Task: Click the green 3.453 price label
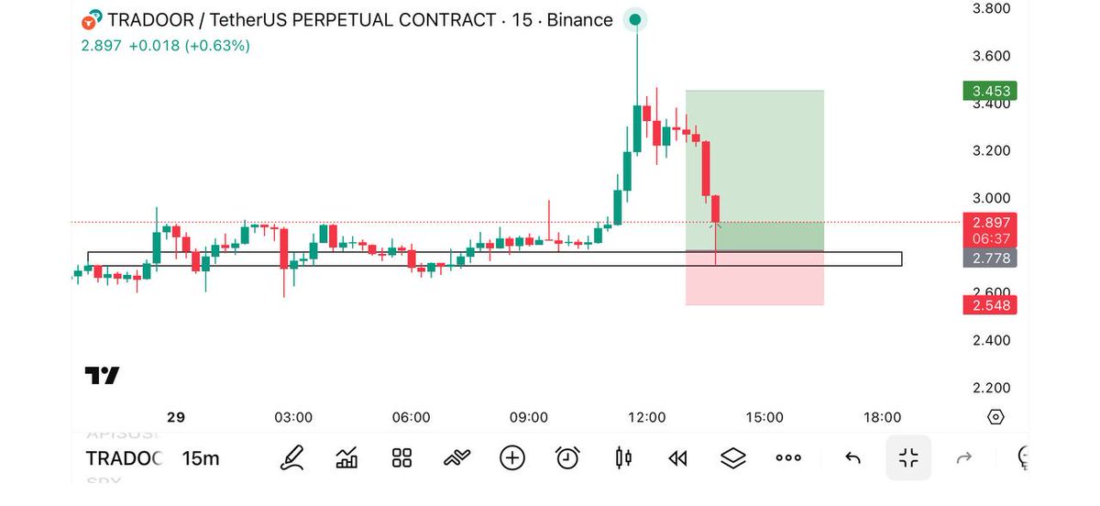(990, 91)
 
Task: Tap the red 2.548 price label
(990, 304)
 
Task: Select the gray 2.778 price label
(990, 258)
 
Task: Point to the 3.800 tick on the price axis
(990, 8)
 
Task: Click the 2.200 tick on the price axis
(990, 388)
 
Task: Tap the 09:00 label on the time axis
(529, 417)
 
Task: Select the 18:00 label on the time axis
(882, 417)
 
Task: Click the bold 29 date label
(176, 417)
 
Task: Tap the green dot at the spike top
(636, 19)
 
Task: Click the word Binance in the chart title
(579, 20)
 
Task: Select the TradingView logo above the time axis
(102, 376)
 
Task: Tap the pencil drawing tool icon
(292, 457)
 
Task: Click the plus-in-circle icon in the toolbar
(512, 457)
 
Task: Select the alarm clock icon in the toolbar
(567, 457)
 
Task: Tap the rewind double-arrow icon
(677, 457)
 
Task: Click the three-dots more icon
(788, 457)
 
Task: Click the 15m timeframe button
(201, 458)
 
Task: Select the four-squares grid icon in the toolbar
(401, 457)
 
